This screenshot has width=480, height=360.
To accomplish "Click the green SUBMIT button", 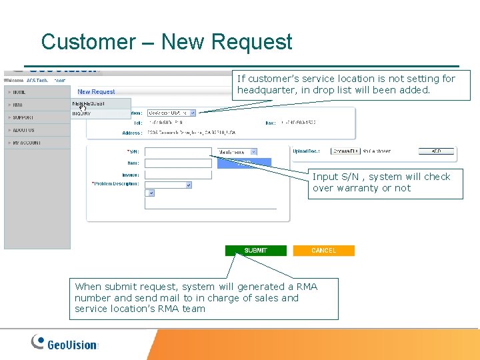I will tap(255, 251).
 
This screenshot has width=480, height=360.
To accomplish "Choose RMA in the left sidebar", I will tap(17, 105).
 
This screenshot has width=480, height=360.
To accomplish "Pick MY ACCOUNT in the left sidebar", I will tap(25, 143).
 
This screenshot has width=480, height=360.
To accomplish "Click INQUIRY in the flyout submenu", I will tap(81, 114).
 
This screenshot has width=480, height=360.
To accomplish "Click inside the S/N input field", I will tap(178, 152).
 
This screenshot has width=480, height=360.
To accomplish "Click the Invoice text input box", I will tap(178, 175).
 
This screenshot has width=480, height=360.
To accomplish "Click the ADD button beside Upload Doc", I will tap(436, 151).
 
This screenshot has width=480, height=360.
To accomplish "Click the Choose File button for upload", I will tap(345, 151).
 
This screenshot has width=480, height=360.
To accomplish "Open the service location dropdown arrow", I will tap(193, 113).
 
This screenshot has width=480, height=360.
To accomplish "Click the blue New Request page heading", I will tap(96, 92).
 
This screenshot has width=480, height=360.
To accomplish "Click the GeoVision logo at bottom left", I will tap(65, 343).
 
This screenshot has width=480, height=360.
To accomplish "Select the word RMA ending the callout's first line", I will tap(307, 287).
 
